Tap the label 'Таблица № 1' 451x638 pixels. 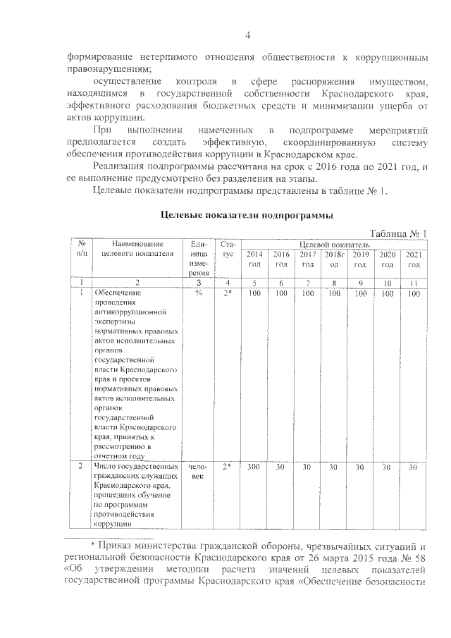[x=399, y=233]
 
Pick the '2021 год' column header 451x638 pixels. [x=414, y=259]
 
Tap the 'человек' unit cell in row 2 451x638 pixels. [x=198, y=472]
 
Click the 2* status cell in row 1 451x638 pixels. [x=227, y=293]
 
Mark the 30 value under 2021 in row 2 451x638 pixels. [x=414, y=467]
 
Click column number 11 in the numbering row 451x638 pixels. [x=414, y=283]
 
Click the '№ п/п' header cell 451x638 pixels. [x=82, y=249]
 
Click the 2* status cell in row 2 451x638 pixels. [x=227, y=467]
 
